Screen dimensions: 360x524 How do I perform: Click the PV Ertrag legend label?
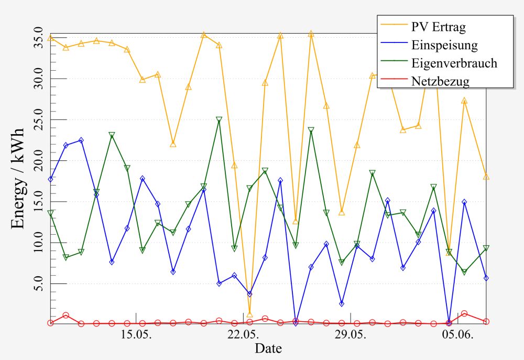point(439,27)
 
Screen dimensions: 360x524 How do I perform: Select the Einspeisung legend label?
point(444,45)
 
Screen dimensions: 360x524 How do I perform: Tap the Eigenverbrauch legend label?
point(454,63)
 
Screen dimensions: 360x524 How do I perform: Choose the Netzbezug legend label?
point(440,81)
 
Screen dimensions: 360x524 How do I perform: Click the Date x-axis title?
point(268,348)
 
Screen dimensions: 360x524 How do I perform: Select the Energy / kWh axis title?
point(18,178)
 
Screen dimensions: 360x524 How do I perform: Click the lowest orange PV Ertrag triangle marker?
point(249,314)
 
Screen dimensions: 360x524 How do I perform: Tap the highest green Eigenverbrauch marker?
point(219,119)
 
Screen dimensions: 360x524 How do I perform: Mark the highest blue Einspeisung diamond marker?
point(81,140)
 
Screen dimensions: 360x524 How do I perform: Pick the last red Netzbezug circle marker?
point(486,322)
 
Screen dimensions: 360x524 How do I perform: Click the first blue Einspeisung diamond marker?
point(50,179)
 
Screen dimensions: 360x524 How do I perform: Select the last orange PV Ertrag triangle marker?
point(486,177)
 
